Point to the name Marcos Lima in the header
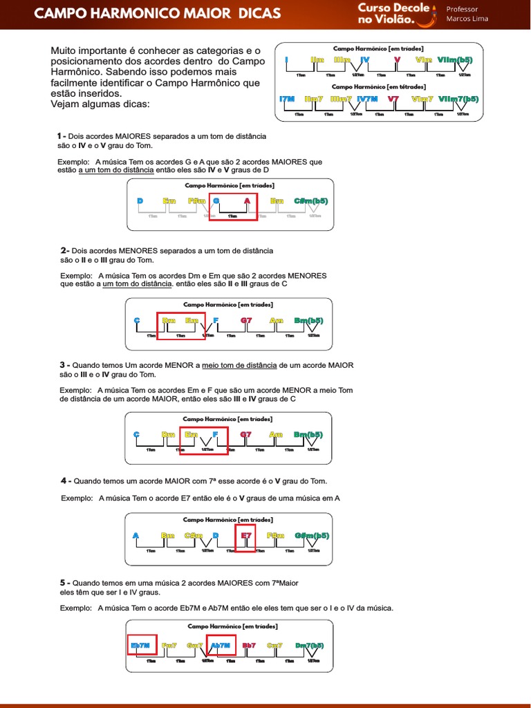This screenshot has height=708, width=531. pos(467,19)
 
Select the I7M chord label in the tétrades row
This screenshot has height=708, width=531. pos(287,99)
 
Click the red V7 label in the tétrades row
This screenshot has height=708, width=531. pos(393,99)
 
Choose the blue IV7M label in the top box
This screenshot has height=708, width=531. pos(367,99)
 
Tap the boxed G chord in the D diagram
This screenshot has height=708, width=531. pos(216,201)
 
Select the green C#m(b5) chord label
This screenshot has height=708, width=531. pos(311,201)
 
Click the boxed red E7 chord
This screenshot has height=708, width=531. pos(245,535)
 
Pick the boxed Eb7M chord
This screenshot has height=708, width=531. pos(140,645)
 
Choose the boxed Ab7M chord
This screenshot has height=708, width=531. pos(220,645)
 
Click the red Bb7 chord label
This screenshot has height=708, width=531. pos(250,645)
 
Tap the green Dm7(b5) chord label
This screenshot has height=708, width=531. pos(309,645)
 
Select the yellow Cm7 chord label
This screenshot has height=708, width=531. pos(274,645)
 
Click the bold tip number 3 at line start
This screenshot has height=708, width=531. pos(63,364)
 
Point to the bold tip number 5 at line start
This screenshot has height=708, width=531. pos(63,583)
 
